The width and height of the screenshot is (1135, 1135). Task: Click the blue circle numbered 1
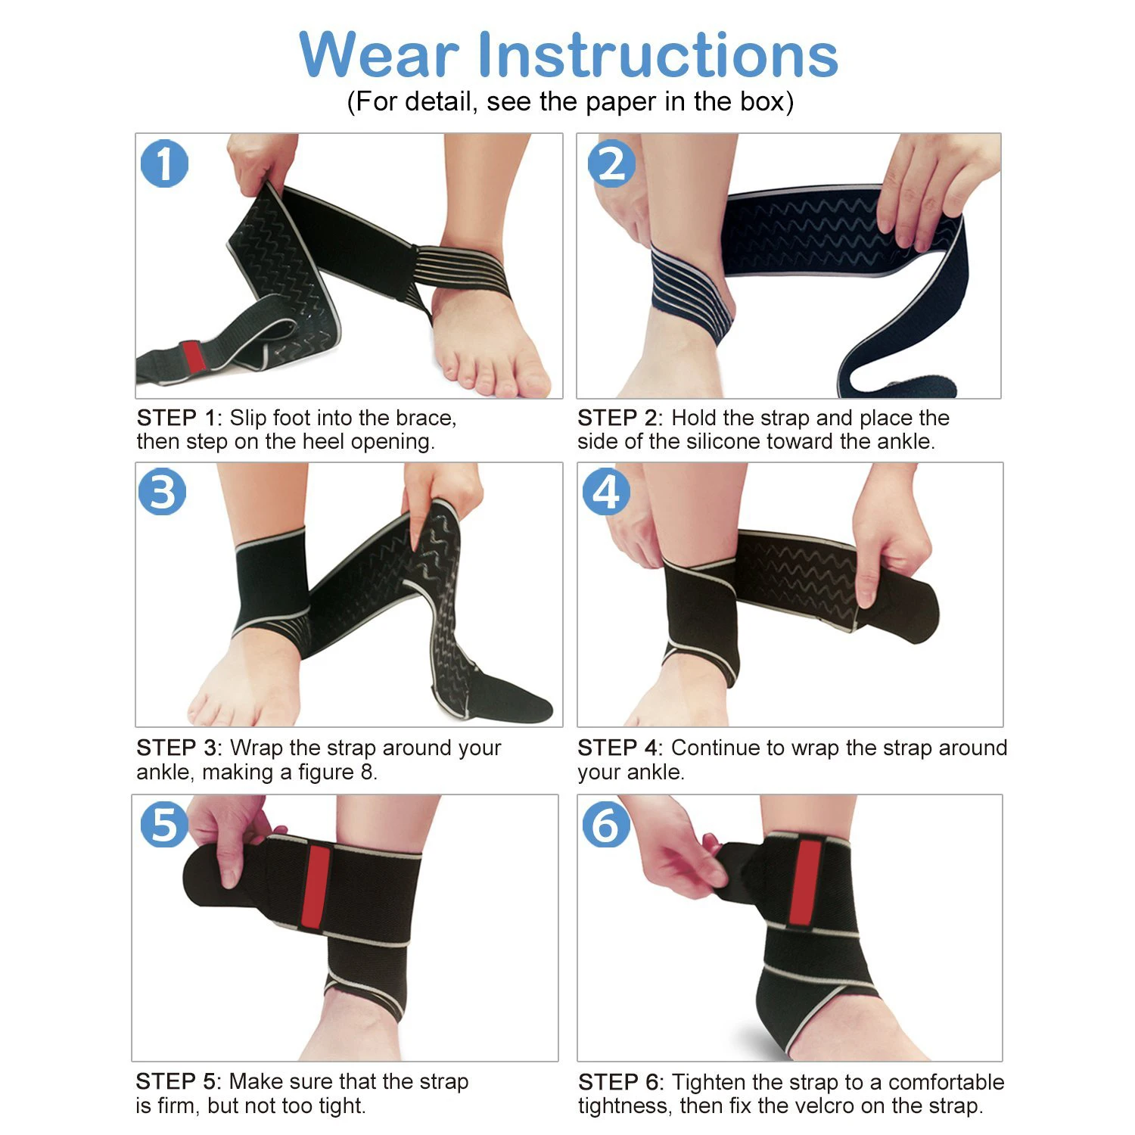click(164, 163)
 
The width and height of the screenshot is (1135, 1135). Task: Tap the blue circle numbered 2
click(611, 163)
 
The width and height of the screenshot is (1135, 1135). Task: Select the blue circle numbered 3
click(163, 492)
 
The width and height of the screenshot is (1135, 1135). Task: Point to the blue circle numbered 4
click(605, 492)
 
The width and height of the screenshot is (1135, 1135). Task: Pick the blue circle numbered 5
click(164, 824)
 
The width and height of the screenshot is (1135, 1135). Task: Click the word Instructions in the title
click(658, 55)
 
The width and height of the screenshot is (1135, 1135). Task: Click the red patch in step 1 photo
click(193, 356)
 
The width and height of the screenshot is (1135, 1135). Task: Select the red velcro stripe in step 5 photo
click(316, 888)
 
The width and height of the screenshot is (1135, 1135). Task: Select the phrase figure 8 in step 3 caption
click(337, 772)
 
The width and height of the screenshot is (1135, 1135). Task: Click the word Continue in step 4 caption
click(715, 748)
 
